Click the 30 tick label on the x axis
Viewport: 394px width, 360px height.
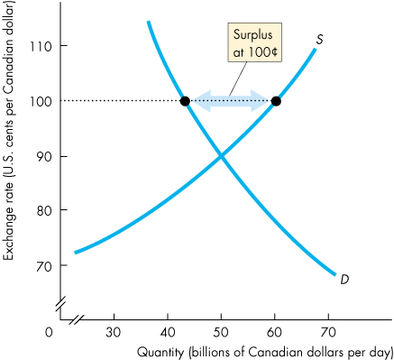click(114, 331)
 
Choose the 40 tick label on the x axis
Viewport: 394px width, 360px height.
click(169, 331)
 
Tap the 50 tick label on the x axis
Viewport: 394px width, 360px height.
click(222, 331)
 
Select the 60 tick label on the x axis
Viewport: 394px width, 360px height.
click(276, 331)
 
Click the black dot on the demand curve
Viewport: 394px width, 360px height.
click(185, 101)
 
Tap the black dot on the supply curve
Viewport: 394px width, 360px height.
click(276, 101)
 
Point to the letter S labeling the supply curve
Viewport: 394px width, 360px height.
click(320, 39)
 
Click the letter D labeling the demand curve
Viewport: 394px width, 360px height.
click(344, 280)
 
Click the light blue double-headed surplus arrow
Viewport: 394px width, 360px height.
click(231, 101)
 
